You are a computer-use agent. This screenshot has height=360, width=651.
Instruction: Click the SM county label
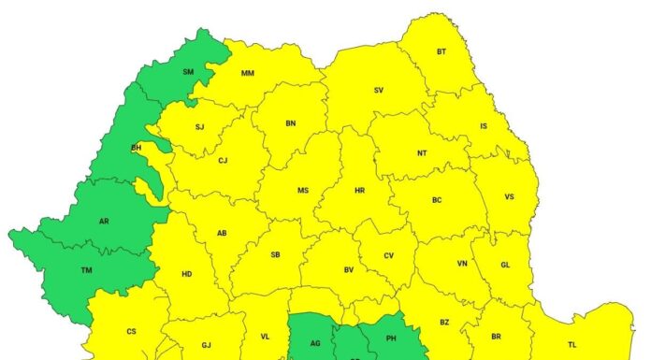coord(188,71)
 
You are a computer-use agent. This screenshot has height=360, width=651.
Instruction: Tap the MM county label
coord(248,74)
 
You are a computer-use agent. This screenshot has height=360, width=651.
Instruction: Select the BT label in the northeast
coord(441,52)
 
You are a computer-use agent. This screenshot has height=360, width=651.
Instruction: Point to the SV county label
coord(379,90)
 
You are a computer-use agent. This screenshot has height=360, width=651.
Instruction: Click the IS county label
coord(484,125)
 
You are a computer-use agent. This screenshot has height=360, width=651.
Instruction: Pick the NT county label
coord(422,152)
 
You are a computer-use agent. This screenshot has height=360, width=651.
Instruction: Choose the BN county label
coord(290,122)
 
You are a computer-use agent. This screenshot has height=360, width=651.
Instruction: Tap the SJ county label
coord(199,126)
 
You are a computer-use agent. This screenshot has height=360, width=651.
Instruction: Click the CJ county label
coord(223,161)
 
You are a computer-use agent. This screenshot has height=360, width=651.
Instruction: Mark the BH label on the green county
coord(136,148)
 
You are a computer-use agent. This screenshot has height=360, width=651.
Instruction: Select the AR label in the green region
coord(103,223)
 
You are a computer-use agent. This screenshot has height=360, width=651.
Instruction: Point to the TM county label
coord(86,270)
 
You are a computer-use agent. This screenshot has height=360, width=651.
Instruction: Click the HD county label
coord(186,274)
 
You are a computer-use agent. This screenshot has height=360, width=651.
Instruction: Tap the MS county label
coord(303,191)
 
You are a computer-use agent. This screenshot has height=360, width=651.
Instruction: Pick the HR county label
coord(359,191)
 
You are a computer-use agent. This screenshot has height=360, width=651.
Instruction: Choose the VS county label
coord(509,197)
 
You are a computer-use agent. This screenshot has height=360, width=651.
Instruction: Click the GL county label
coord(505,265)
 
